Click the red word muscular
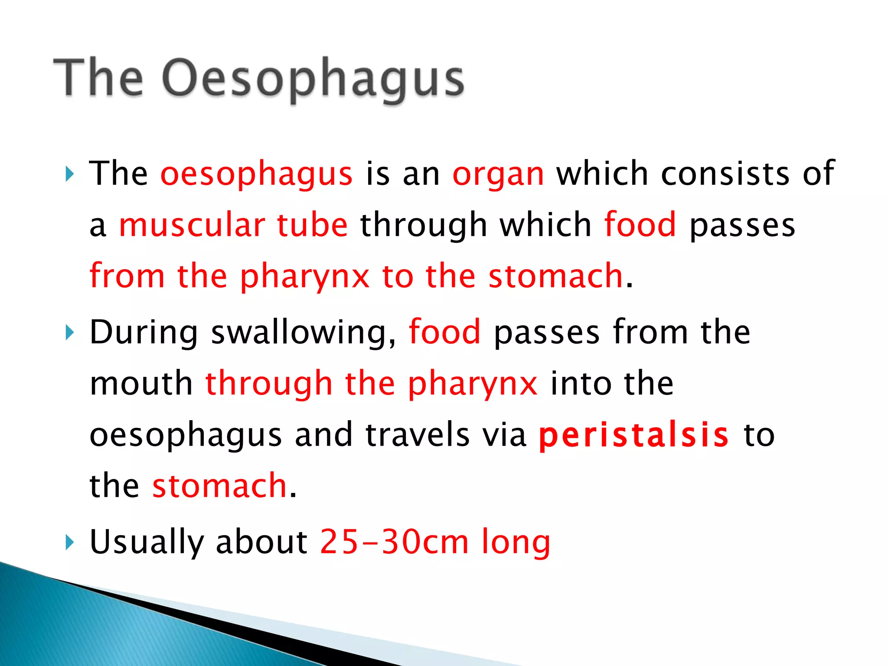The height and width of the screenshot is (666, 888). pos(192,225)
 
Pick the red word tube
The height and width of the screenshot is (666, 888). pos(312,225)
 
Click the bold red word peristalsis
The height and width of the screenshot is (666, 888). pos(634,435)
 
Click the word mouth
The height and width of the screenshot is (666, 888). pos(141,384)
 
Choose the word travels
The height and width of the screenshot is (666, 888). pos(418,435)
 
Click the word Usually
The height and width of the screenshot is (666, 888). pos(147,542)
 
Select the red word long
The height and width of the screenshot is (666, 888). pos(516,542)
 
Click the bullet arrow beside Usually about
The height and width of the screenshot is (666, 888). pos(69,542)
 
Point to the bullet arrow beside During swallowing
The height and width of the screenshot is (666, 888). pos(69,333)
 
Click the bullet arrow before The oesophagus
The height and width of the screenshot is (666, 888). pos(69,174)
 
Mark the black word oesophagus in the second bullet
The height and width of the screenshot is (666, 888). pos(186,436)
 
